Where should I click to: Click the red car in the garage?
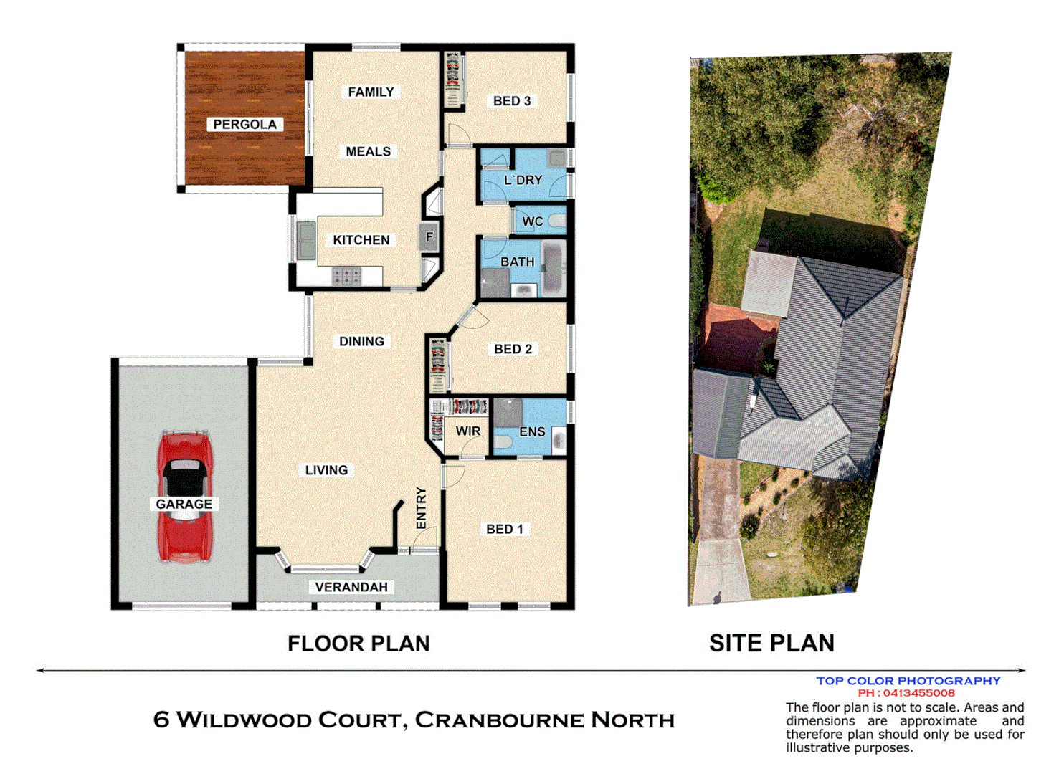pyautogui.click(x=184, y=496)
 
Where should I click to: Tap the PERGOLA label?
pyautogui.click(x=244, y=125)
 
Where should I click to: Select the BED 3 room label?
pyautogui.click(x=512, y=101)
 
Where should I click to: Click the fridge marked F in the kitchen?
pyautogui.click(x=429, y=237)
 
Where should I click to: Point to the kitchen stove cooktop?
pyautogui.click(x=346, y=276)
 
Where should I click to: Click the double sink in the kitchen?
pyautogui.click(x=306, y=239)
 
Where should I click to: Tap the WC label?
pyautogui.click(x=532, y=221)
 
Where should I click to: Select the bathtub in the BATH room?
pyautogui.click(x=554, y=269)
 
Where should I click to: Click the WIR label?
pyautogui.click(x=467, y=431)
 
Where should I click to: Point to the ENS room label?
pyautogui.click(x=532, y=431)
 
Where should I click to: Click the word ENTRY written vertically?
pyautogui.click(x=421, y=508)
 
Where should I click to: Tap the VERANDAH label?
pyautogui.click(x=351, y=587)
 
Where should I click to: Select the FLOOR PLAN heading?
pyautogui.click(x=358, y=644)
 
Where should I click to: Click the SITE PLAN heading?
pyautogui.click(x=771, y=644)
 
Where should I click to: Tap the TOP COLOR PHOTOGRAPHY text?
pyautogui.click(x=908, y=681)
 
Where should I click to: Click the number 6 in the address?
pyautogui.click(x=161, y=720)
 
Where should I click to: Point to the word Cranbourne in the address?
pyautogui.click(x=499, y=720)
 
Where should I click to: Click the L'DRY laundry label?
pyautogui.click(x=523, y=180)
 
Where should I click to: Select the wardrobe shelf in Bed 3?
pyautogui.click(x=453, y=79)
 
